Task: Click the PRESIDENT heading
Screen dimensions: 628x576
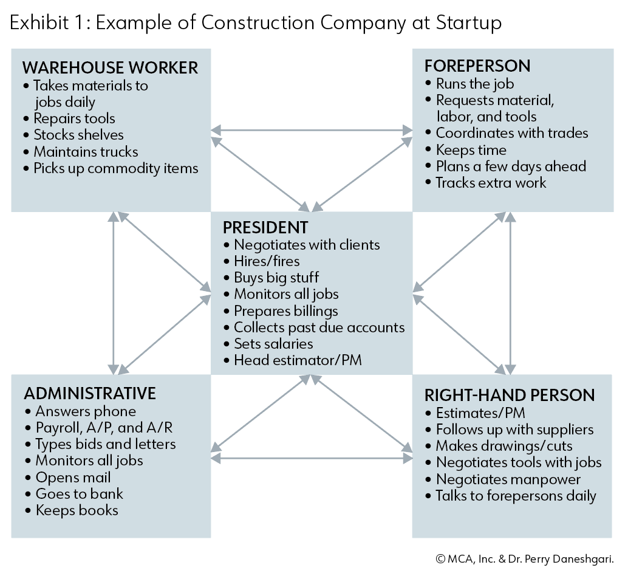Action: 265,227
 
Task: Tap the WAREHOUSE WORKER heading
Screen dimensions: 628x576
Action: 110,67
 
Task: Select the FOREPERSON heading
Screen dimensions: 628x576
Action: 477,66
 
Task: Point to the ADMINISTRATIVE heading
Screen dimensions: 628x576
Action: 90,393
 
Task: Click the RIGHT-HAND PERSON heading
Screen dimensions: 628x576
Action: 510,396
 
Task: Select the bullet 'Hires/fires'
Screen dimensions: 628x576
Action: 262,261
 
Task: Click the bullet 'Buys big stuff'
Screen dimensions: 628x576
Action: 271,278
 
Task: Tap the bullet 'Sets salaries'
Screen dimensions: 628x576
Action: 268,344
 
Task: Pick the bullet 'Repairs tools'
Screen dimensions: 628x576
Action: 69,118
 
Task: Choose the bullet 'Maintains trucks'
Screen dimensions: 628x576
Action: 81,152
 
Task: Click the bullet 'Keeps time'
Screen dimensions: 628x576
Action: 466,150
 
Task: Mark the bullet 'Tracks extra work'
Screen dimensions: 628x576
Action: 486,183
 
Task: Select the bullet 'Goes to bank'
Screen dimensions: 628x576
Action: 74,494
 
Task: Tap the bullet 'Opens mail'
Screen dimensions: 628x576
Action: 67,478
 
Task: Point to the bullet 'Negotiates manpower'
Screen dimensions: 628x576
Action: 503,479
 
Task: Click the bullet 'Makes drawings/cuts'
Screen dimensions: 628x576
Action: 499,446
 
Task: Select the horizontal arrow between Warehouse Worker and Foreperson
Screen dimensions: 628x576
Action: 312,130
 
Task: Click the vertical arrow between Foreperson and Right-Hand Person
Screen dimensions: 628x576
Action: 510,293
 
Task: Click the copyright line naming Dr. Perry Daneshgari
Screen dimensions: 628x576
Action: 525,559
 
